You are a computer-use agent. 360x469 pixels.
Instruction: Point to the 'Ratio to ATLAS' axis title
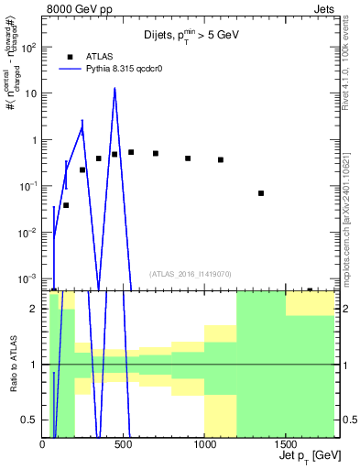click(12, 365)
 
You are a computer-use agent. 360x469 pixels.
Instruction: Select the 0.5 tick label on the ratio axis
click(29, 420)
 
